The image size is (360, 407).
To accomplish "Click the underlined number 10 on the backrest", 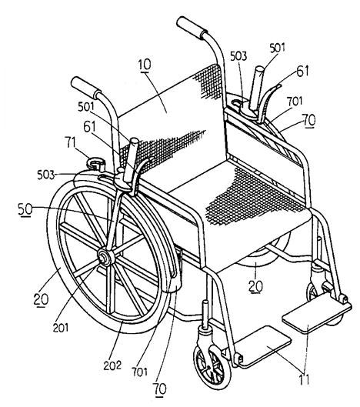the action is (x=145, y=65).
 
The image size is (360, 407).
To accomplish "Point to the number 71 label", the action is (x=71, y=142).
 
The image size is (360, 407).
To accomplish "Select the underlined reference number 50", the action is (x=25, y=209).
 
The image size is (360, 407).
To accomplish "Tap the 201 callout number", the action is (x=61, y=328).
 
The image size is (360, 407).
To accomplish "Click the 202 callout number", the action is (x=112, y=365).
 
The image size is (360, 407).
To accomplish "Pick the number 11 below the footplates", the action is (x=304, y=380).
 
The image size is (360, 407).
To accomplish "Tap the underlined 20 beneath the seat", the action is (x=255, y=285).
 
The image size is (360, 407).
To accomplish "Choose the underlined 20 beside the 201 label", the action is (x=41, y=299).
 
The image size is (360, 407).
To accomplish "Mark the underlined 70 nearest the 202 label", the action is (x=160, y=389).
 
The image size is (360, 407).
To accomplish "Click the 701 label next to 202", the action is (x=140, y=372).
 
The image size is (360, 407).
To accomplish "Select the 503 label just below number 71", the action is (x=46, y=175).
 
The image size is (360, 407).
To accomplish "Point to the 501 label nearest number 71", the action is (x=86, y=107).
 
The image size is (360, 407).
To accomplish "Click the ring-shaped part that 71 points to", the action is (x=96, y=164).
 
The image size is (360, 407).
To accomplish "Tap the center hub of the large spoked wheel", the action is (x=105, y=257).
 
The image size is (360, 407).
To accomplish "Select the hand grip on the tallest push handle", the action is (x=192, y=28).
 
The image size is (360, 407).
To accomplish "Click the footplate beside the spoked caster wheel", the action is (x=264, y=346).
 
